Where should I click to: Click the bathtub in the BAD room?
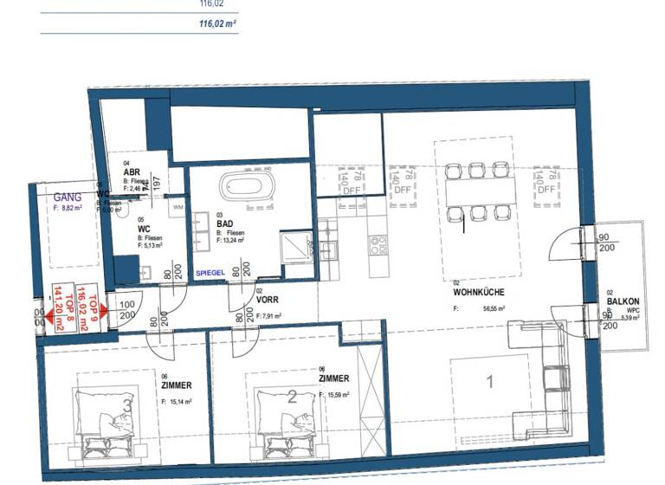coord(248,185)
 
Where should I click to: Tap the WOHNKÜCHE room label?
coord(478,293)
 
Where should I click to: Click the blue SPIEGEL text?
coord(210,272)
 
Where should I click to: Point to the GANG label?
coord(68,197)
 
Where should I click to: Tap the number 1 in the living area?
coord(489,381)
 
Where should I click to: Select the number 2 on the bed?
coord(292,398)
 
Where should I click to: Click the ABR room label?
coord(132,171)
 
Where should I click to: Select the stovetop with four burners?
coord(379,245)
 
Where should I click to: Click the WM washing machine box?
coord(178,208)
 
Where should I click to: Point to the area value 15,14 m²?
coord(181,401)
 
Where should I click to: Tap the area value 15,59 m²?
coord(339,395)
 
